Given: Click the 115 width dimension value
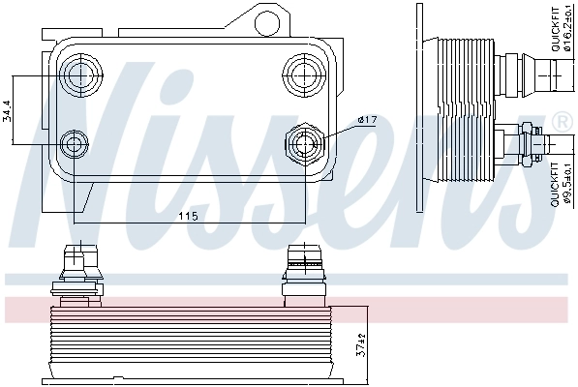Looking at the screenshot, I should (188, 216).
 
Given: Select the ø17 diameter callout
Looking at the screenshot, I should (367, 119).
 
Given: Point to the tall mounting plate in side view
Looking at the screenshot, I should (419, 106).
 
